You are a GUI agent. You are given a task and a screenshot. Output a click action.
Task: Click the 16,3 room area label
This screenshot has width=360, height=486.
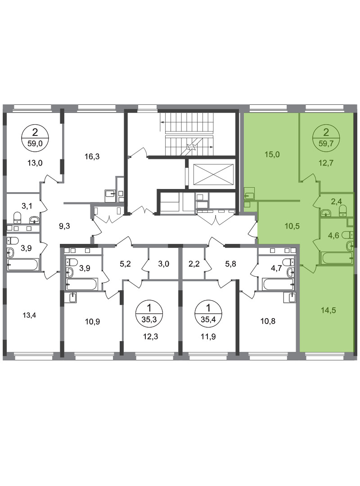pos(92,157)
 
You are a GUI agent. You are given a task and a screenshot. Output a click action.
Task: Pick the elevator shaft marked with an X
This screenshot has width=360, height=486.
pos(213,175)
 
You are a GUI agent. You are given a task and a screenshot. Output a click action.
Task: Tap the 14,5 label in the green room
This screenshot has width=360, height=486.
pos(328,310)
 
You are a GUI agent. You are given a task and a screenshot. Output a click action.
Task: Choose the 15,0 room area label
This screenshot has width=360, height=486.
pos(272,154)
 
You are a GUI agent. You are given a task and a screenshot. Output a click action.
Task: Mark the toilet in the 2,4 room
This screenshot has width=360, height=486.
pos(343,211)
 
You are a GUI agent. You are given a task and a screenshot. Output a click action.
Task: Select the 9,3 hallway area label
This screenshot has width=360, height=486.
pos(64,226)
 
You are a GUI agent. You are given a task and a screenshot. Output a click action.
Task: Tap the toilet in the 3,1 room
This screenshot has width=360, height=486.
pos(18,217)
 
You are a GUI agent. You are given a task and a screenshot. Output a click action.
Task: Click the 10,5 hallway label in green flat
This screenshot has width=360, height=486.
pos(292,226)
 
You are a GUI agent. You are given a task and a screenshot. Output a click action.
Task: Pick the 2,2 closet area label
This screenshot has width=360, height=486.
pos(193,264)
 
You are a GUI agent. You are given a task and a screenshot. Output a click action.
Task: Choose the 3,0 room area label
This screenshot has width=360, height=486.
pos(164,264)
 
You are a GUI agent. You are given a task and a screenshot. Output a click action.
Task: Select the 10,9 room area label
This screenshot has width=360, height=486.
pos(92,322)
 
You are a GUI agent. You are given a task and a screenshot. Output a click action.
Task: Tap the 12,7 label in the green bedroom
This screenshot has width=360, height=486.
pos(326,163)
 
